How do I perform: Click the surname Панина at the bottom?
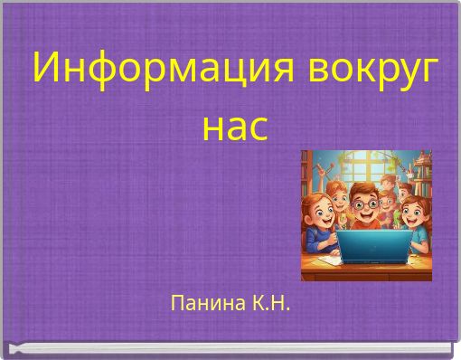pyautogui.click(x=204, y=301)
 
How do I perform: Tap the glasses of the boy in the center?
pyautogui.click(x=364, y=204)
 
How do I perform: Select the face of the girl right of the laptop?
pyautogui.click(x=412, y=215)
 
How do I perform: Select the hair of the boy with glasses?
pyautogui.click(x=364, y=188)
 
